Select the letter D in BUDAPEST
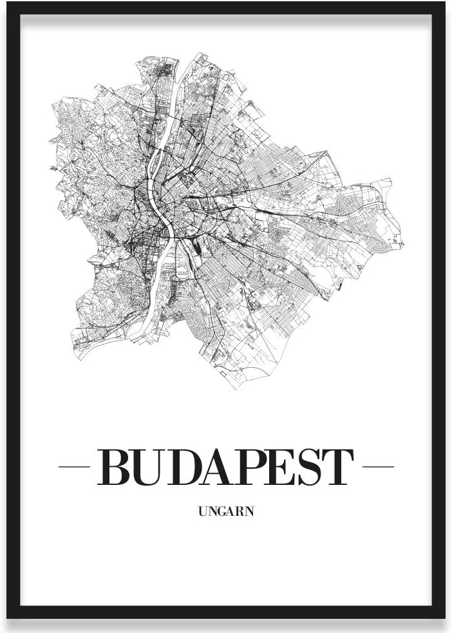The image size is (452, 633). pyautogui.click(x=185, y=468)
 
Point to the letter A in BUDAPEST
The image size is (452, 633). pyautogui.click(x=220, y=468)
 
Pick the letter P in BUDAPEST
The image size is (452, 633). pyautogui.click(x=252, y=468)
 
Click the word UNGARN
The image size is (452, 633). pyautogui.click(x=226, y=513)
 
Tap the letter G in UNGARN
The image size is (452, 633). pyautogui.click(x=221, y=513)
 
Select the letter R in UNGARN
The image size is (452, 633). pyautogui.click(x=240, y=513)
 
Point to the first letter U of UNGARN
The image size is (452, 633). pyautogui.click(x=203, y=513)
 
